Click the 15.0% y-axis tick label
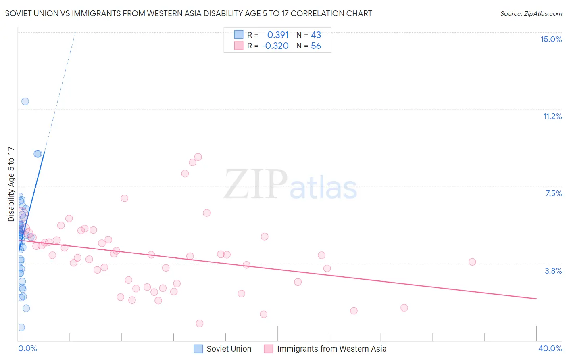551,39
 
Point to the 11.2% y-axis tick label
552,116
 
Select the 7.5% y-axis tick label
553,193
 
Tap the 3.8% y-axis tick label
553,271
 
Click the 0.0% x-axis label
27,348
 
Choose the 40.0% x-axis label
550,348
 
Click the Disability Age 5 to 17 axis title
11,184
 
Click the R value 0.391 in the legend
278,35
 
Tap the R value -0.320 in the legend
275,46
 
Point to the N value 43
316,35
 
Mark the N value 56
316,46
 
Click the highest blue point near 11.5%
25,101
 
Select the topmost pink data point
198,157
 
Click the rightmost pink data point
472,262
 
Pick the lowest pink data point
200,323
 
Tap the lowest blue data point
21,327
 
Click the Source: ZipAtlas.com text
531,14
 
